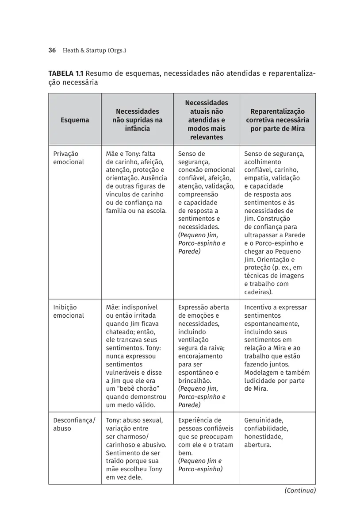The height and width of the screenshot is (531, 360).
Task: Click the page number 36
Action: (52, 50)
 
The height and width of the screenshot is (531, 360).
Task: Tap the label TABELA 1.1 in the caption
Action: (66, 73)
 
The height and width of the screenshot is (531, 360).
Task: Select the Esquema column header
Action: (75, 120)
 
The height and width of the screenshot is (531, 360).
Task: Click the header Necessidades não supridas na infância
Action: (137, 120)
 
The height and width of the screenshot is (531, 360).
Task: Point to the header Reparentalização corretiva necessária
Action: (277, 120)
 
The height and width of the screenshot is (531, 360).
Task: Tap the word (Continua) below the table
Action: (300, 490)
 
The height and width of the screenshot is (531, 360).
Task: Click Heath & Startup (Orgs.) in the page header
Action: (95, 50)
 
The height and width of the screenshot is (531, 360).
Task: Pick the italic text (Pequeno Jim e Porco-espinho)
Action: (200, 465)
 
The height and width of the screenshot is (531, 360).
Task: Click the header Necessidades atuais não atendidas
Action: (207, 120)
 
